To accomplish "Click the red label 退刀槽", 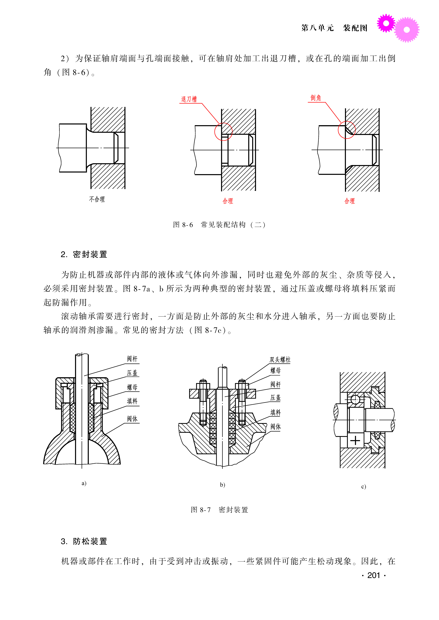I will tap(189, 99).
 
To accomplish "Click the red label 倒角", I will tap(315, 98).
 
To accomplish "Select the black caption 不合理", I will tap(97, 199).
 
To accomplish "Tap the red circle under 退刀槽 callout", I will tap(223, 132).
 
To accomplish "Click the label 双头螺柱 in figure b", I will tap(280, 360).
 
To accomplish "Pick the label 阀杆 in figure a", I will tap(132, 359).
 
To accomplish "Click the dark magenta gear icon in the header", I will tap(386, 23).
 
